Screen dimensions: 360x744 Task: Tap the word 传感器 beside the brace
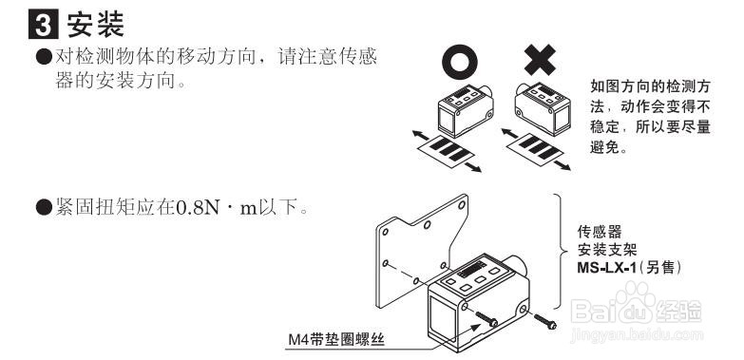pos(600,231)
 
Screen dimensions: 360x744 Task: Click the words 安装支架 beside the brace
pos(608,250)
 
